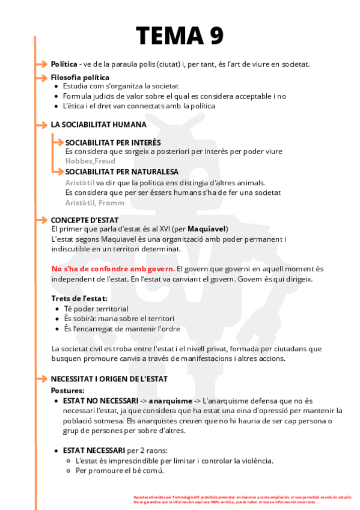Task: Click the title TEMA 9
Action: click(180, 35)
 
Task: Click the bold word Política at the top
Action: click(64, 64)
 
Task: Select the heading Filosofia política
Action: click(80, 77)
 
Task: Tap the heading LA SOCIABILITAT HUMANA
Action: click(98, 124)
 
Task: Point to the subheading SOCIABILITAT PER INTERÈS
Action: click(113, 143)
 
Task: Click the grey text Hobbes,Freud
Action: click(90, 161)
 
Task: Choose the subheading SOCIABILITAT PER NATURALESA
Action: click(122, 171)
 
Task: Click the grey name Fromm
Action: click(112, 202)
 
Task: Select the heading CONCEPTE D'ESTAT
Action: click(85, 220)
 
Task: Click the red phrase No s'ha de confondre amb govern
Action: click(114, 268)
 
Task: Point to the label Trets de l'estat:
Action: click(79, 298)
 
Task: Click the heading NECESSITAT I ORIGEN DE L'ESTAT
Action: click(109, 378)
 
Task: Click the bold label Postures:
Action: click(68, 390)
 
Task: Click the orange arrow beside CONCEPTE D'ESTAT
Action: click(41, 220)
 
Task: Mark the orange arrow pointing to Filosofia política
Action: click(41, 78)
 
